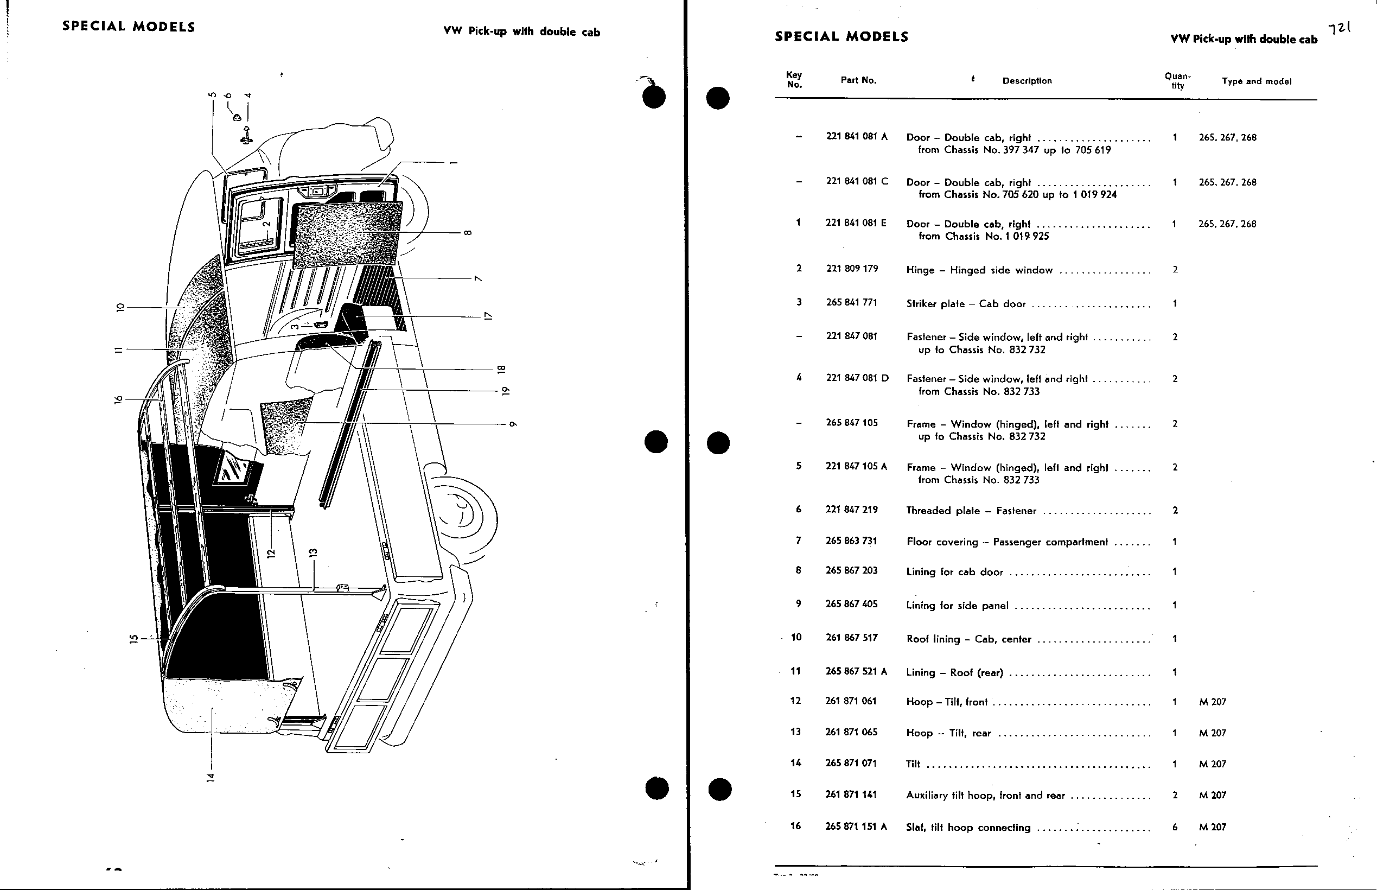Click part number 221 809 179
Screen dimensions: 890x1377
point(852,269)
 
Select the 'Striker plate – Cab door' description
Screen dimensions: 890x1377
point(958,304)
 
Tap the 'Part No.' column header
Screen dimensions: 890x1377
point(858,80)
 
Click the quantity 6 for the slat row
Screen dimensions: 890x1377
point(1175,827)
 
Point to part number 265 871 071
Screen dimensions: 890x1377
point(851,763)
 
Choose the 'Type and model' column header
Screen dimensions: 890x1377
point(1256,81)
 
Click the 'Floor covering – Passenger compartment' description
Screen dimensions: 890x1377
point(1007,542)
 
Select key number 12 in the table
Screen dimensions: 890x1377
point(795,701)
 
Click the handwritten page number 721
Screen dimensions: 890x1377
point(1340,28)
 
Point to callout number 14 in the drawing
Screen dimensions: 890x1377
point(211,777)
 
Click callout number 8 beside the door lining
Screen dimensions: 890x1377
point(468,233)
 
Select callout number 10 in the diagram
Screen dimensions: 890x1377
point(120,308)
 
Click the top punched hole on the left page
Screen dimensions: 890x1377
point(654,97)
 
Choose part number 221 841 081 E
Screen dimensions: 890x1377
point(856,223)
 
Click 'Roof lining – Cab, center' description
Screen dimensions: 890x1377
point(968,639)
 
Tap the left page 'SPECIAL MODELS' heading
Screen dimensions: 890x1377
point(129,27)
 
